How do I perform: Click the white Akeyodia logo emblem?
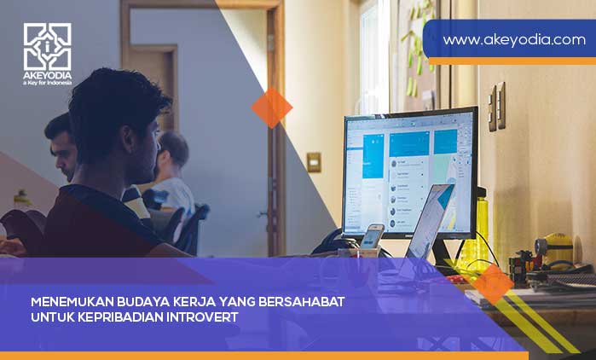[x=47, y=46]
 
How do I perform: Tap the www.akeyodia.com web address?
[x=513, y=39]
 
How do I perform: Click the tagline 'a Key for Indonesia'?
[x=47, y=83]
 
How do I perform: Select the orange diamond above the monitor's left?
[x=271, y=107]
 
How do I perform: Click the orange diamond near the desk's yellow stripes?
[x=493, y=283]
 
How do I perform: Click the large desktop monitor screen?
[x=409, y=171]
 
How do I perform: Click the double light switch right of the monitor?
[x=496, y=106]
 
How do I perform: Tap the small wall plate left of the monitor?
[x=314, y=162]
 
